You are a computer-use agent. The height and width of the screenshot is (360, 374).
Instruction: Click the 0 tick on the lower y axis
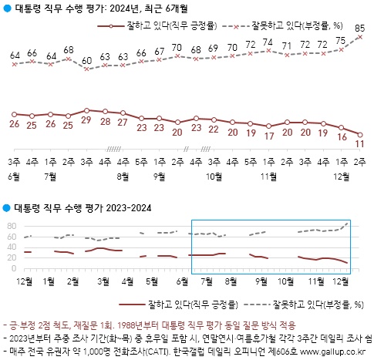(14, 269)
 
